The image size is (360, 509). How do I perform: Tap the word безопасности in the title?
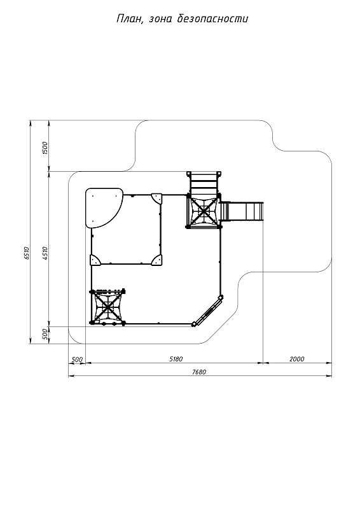coord(213,19)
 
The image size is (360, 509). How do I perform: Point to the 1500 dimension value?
coord(45,148)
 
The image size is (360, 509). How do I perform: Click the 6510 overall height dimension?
coord(27,253)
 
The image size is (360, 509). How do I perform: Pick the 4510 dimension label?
coord(45,253)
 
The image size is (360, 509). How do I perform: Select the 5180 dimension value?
coord(176,359)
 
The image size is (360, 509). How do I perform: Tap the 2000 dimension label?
coord(297,359)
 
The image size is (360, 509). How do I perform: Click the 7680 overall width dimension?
coord(199,372)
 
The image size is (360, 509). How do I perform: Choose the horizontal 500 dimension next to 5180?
coord(77,359)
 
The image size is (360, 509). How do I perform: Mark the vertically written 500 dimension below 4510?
coord(45,334)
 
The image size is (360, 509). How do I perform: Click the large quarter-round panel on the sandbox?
coord(102,207)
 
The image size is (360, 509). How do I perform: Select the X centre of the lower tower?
coord(107,307)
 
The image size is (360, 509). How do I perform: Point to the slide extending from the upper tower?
coord(242,211)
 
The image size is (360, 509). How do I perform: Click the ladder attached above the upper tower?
coord(204,183)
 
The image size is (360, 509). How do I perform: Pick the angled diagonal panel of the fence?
coord(208,310)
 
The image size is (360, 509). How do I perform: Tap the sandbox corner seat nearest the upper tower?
coord(158,198)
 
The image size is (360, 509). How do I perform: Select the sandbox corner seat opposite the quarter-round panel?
coord(158,260)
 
